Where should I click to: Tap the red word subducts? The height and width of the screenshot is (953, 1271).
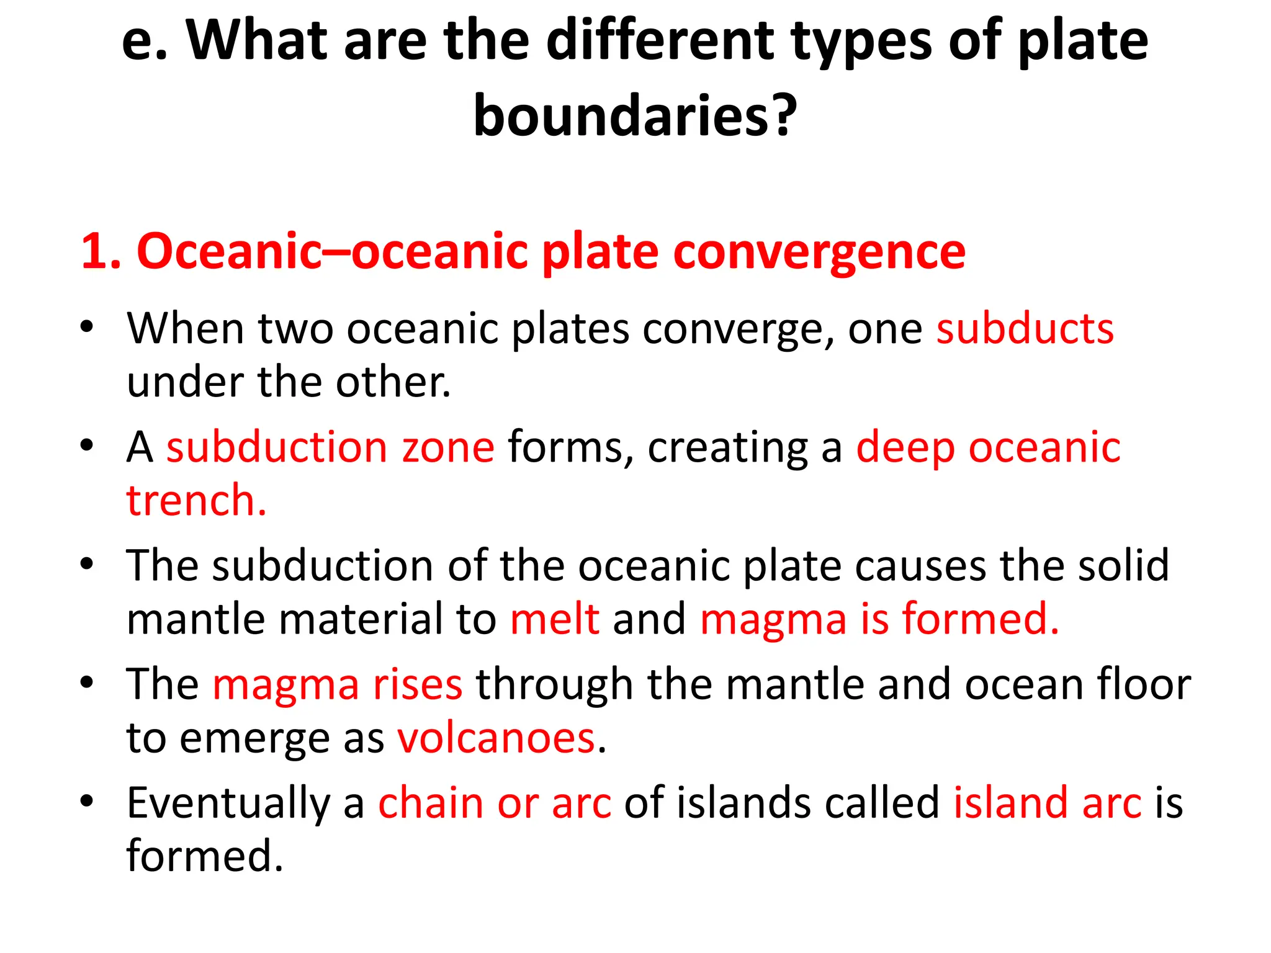tap(1025, 328)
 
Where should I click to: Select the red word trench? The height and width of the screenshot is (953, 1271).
tap(196, 500)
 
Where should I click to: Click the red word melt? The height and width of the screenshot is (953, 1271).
tap(554, 619)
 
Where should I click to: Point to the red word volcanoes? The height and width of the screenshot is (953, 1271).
tap(496, 738)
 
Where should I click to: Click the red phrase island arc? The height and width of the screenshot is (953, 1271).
tap(1047, 803)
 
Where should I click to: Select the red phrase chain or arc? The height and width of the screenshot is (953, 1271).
tap(494, 803)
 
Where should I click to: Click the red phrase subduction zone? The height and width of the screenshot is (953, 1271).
tap(330, 447)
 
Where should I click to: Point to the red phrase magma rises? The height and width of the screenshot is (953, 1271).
tap(337, 685)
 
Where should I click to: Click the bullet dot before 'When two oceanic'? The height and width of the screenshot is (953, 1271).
tap(86, 326)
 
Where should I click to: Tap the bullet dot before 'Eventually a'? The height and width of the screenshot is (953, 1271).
tap(86, 801)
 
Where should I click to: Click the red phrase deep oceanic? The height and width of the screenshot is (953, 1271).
tap(988, 447)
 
